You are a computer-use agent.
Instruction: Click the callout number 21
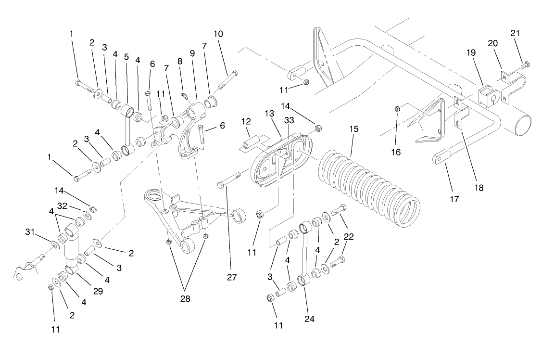[515, 33]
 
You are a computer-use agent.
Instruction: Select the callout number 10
[218, 34]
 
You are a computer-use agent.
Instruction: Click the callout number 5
[126, 56]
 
